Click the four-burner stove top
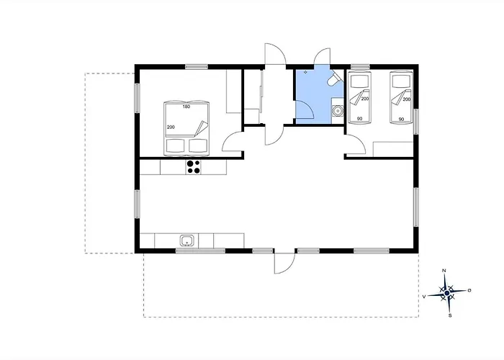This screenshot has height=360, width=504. click(x=193, y=167)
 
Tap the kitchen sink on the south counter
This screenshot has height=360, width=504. click(x=186, y=240)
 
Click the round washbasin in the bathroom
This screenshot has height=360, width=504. click(x=338, y=111)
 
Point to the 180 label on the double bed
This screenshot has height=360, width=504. click(x=186, y=107)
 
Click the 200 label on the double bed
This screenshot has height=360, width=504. click(x=171, y=127)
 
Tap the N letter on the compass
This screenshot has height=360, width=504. click(x=444, y=271)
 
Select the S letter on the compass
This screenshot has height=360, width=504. click(x=450, y=315)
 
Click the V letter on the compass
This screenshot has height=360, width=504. click(x=424, y=297)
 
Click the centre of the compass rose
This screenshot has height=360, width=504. click(x=447, y=293)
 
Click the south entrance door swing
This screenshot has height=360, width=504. click(x=284, y=263)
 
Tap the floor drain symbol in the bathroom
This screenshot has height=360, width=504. click(x=305, y=72)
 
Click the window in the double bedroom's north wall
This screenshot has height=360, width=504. click(x=197, y=67)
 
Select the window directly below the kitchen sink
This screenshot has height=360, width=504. click(x=200, y=251)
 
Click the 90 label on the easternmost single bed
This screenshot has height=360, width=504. click(x=401, y=120)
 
